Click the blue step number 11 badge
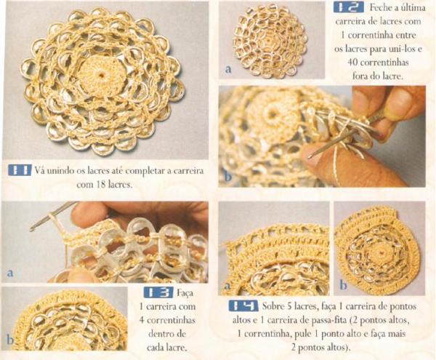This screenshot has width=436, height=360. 20,169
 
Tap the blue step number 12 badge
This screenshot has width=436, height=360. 349,7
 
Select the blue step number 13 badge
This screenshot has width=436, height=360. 158,292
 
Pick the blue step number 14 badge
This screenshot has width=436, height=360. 243,305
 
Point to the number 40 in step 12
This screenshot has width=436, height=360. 352,62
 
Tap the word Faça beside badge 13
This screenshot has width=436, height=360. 185,292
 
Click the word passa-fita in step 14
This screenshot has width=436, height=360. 331,320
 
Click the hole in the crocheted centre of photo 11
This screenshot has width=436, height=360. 101,75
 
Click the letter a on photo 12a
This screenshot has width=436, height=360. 228,68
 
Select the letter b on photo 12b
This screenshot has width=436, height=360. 227,177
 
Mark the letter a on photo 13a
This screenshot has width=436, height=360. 10,273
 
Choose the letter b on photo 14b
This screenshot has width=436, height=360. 343,285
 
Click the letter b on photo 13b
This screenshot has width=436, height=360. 9,340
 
